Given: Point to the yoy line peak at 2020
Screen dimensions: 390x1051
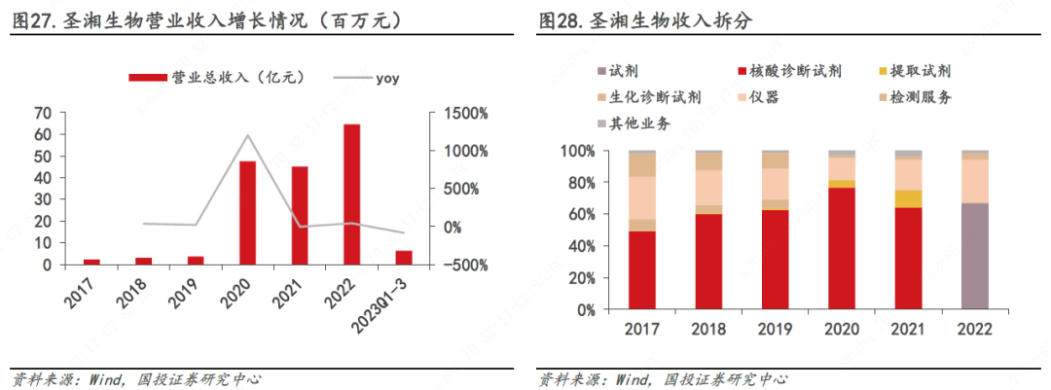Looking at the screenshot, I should [x=248, y=135].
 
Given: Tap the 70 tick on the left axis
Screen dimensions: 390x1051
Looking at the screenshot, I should [x=44, y=114].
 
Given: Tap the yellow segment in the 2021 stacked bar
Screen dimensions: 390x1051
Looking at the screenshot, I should [x=908, y=198].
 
